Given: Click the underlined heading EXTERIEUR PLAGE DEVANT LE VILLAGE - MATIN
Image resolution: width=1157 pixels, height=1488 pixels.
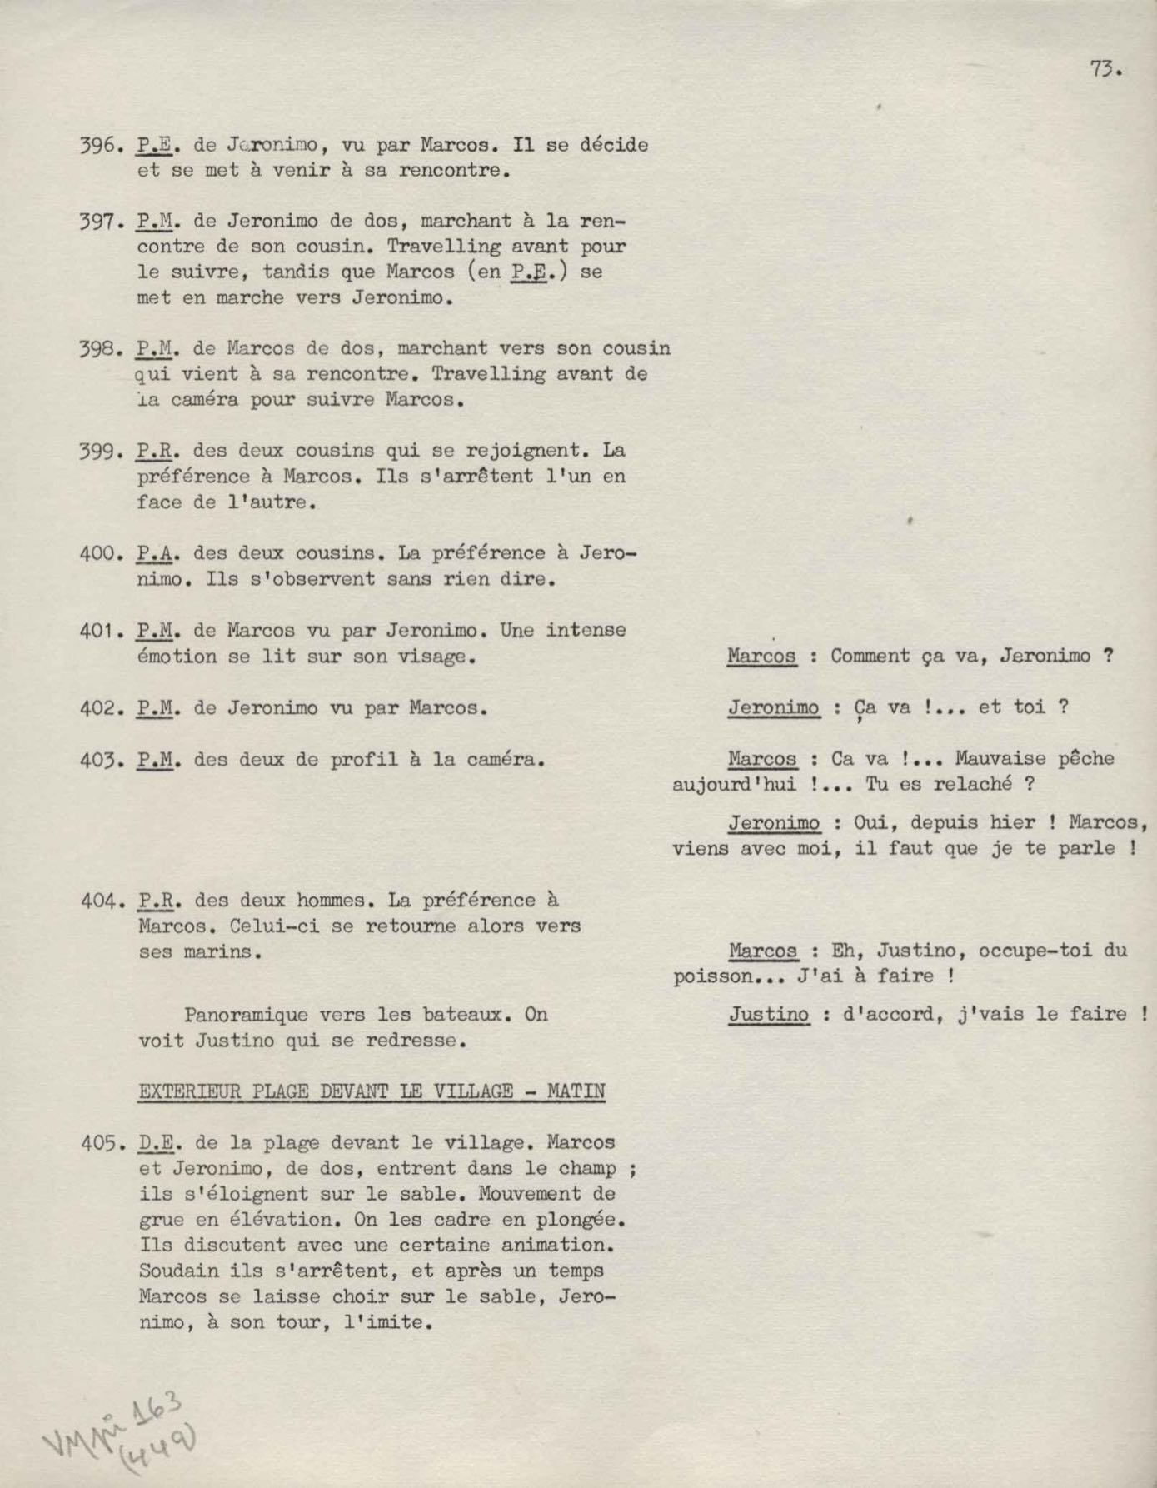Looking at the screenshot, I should tap(372, 1091).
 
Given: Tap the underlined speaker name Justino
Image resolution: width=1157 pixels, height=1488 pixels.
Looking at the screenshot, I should tap(769, 1015).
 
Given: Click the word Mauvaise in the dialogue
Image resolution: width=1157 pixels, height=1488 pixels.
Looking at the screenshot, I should tap(1000, 759).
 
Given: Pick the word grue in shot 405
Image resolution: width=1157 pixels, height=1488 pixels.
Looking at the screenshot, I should tap(160, 1221).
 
